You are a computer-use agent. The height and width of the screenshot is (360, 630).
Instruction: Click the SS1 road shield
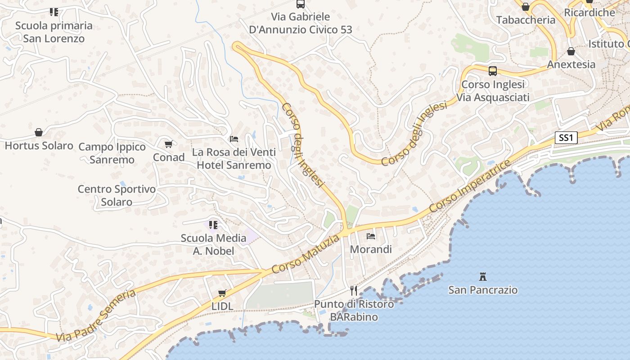(566, 138)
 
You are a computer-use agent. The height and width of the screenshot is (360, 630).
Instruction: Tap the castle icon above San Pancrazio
(483, 276)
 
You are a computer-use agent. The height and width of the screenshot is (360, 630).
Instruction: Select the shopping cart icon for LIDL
(222, 293)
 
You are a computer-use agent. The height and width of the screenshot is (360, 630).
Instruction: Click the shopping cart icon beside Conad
(168, 144)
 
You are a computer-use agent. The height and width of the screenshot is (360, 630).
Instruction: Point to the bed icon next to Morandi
(371, 235)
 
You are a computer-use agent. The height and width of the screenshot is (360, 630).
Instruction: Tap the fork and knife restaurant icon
(354, 290)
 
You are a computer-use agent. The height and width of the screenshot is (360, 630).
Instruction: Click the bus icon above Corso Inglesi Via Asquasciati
(493, 71)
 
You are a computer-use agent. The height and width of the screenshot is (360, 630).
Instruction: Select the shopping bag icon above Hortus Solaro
(39, 132)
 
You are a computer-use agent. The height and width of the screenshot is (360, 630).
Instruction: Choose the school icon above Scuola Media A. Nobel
(213, 225)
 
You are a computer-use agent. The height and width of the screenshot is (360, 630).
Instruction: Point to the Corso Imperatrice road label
(470, 186)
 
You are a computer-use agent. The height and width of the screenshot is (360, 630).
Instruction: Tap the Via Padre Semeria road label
(96, 315)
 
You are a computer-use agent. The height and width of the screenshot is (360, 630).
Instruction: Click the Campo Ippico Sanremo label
(112, 153)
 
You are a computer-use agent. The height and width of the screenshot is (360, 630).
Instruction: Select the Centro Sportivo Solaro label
(117, 195)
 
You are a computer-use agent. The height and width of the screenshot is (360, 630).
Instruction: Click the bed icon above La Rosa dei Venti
(234, 139)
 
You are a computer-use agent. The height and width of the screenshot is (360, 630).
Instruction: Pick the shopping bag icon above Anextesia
(571, 51)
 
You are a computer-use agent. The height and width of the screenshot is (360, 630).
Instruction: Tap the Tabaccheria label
(526, 20)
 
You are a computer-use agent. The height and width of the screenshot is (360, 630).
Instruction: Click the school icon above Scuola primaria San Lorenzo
(54, 12)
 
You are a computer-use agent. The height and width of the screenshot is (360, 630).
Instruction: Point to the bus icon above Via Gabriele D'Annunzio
(301, 4)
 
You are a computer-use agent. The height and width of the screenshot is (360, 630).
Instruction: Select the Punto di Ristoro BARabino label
(354, 310)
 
